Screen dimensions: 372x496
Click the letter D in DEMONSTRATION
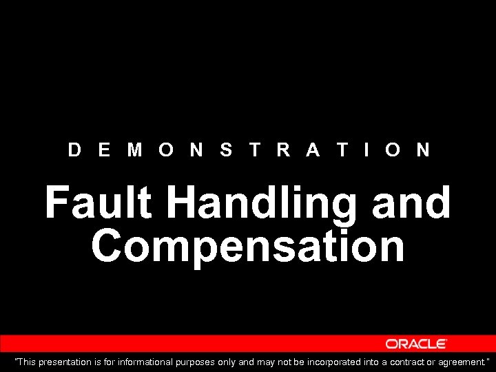74,149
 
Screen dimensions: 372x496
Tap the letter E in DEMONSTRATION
104,149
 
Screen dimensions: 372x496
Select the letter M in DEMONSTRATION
135,149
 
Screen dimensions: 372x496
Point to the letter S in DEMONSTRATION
226,149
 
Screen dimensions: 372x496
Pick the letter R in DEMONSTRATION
283,149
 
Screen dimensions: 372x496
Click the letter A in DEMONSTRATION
313,149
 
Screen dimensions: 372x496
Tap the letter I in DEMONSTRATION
367,149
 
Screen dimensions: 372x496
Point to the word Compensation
248,247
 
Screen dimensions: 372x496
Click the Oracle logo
416,344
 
